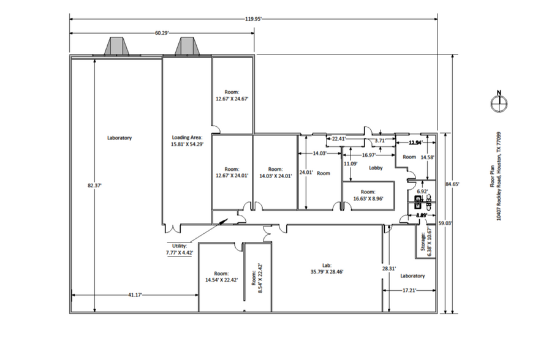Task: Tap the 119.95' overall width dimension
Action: (x=254, y=19)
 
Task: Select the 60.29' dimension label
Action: (x=162, y=32)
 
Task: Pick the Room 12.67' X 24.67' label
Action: (x=232, y=94)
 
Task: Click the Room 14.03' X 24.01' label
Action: (x=275, y=173)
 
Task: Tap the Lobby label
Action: (x=376, y=168)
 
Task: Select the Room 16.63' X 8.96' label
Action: (x=368, y=194)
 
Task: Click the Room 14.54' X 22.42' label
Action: (x=221, y=277)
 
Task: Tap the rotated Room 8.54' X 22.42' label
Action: (x=256, y=275)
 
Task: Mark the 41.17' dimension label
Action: (x=135, y=295)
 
